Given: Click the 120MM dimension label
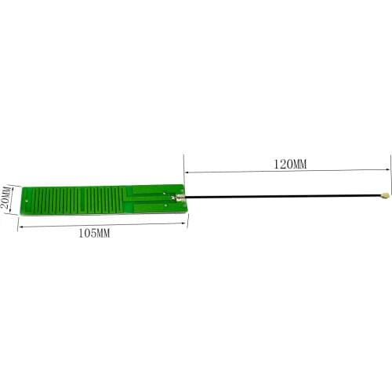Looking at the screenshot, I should [290, 165].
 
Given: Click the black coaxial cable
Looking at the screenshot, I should [282, 196].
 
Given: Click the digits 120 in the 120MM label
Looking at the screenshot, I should [282, 165].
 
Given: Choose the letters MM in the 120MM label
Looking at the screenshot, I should [300, 165].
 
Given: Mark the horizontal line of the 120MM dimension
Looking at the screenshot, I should [235, 172].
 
